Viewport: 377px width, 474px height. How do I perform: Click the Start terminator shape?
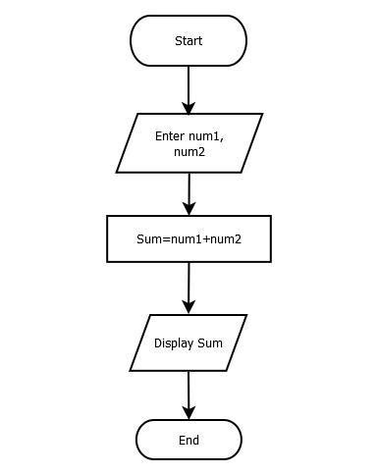[x=188, y=41]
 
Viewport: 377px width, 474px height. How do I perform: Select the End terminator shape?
[x=188, y=440]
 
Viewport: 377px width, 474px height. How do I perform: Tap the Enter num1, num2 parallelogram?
[x=188, y=143]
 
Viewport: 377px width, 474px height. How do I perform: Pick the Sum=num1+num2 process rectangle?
[x=188, y=238]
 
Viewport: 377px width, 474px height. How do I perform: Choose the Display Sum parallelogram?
[x=188, y=342]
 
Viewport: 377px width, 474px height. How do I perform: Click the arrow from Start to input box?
[x=188, y=88]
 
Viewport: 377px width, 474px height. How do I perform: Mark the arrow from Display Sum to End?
[x=188, y=395]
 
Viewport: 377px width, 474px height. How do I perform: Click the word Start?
[x=188, y=41]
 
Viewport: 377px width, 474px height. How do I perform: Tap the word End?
[x=188, y=441]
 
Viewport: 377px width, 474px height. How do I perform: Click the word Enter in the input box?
[x=170, y=135]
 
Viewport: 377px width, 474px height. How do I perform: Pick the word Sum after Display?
[x=210, y=343]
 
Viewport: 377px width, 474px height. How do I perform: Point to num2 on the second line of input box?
[x=188, y=152]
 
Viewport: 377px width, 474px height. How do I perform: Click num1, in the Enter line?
[x=206, y=135]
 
